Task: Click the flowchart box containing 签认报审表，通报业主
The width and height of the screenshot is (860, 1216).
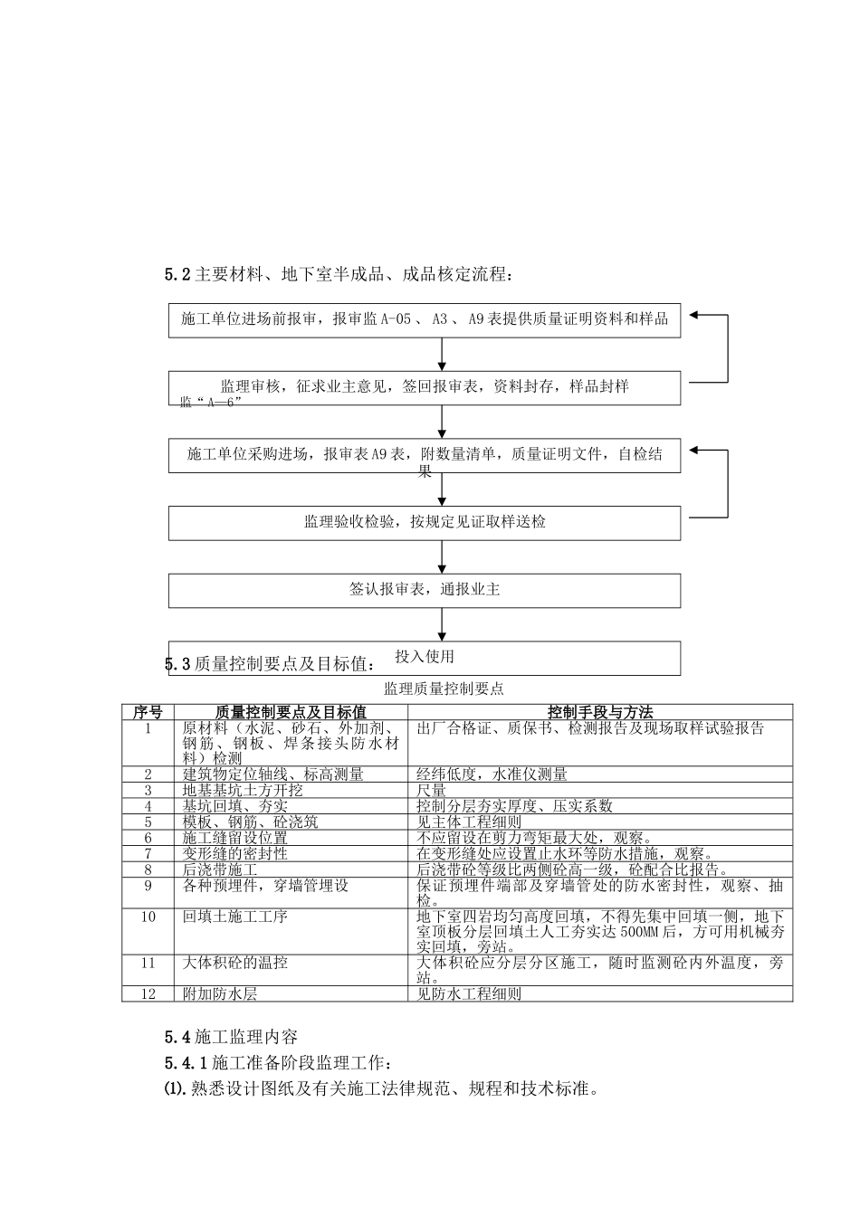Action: point(424,590)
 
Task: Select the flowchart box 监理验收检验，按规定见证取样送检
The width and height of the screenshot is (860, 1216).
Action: point(424,523)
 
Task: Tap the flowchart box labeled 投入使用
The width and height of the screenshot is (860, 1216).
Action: point(424,658)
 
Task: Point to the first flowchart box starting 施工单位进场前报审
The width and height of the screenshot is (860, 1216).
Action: point(424,320)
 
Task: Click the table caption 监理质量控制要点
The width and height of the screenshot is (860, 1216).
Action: point(444,689)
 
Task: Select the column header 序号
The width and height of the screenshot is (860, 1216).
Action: point(148,713)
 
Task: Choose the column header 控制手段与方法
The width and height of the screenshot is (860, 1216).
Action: point(599,713)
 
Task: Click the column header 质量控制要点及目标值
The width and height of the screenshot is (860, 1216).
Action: point(291,713)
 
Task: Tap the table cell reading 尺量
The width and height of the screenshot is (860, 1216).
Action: point(432,790)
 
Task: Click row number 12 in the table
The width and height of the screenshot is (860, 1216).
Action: point(148,994)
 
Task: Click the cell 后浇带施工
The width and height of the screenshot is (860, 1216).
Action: point(220,869)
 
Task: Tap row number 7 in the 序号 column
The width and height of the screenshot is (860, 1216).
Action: point(148,853)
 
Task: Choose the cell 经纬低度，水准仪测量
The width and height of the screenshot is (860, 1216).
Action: point(492,774)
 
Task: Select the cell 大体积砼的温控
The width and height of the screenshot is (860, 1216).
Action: point(235,963)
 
